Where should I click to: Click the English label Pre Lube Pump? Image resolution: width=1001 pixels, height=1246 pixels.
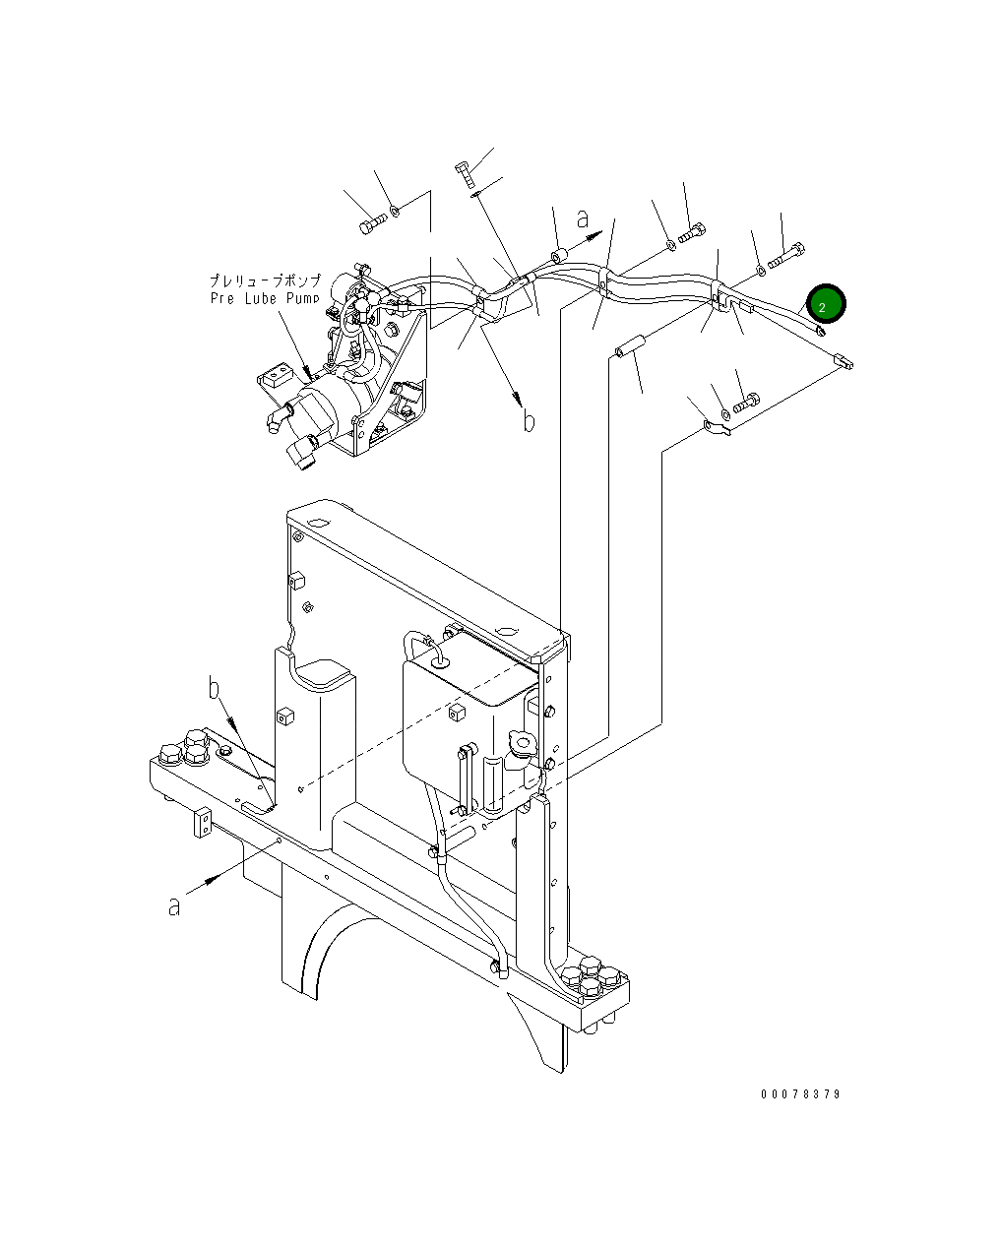click(265, 297)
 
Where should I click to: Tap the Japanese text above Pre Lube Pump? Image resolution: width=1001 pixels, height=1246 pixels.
click(265, 280)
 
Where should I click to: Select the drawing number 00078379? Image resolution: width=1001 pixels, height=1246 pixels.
click(799, 1094)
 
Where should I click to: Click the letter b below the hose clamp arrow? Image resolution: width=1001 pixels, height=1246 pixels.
click(529, 421)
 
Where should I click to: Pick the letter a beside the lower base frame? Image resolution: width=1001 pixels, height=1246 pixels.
click(174, 905)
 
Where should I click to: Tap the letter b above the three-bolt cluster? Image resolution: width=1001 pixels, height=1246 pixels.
click(215, 687)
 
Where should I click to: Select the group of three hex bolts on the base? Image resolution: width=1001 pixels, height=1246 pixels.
click(185, 748)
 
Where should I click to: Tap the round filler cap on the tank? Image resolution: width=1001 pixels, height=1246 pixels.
click(521, 744)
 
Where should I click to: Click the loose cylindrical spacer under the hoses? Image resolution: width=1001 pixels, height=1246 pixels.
click(627, 345)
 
